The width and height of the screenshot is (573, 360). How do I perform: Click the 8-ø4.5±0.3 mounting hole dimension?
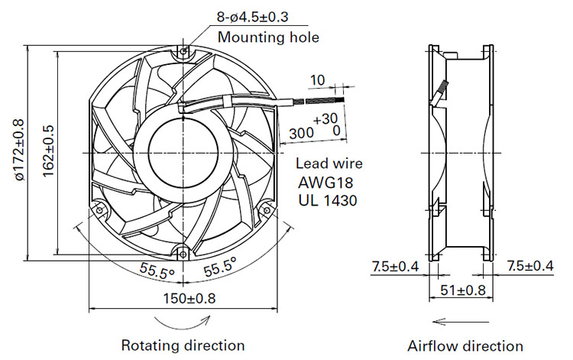pos(253,17)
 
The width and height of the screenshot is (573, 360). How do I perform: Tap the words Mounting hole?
pos(268,37)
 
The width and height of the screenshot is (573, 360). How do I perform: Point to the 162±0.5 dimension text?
pos(48,151)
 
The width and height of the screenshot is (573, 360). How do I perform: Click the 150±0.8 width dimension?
pos(189,299)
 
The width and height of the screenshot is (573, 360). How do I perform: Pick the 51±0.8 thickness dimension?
pos(463,290)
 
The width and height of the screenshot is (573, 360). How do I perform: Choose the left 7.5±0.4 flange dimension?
pos(395,267)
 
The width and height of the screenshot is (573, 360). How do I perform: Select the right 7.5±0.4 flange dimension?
pos(530,266)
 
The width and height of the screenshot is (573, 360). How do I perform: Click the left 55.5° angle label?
pos(157,271)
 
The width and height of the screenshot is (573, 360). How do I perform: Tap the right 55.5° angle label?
pos(220,267)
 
